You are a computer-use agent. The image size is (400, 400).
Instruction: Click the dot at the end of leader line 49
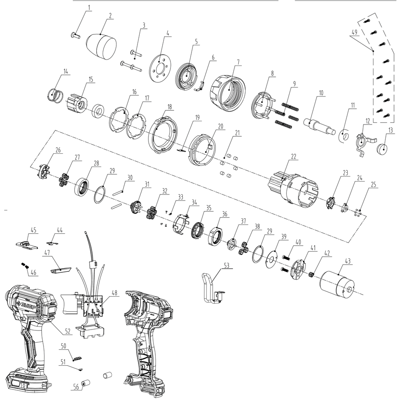pyautogui.click(x=373, y=51)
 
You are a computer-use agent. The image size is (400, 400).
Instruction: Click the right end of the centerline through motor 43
pyautogui.click(x=363, y=294)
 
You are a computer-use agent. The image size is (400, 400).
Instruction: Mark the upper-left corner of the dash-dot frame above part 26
pyautogui.click(x=55, y=130)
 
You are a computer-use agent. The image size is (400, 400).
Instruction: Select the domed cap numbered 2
pyautogui.click(x=101, y=46)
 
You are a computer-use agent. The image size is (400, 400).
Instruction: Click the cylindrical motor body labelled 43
pyautogui.click(x=337, y=284)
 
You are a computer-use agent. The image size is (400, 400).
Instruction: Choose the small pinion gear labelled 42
pyautogui.click(x=312, y=275)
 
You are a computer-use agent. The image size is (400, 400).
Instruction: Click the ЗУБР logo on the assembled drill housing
pyautogui.click(x=25, y=306)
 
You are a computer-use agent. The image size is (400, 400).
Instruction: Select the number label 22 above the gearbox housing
pyautogui.click(x=294, y=157)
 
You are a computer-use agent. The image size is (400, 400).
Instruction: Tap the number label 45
pyautogui.click(x=33, y=230)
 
